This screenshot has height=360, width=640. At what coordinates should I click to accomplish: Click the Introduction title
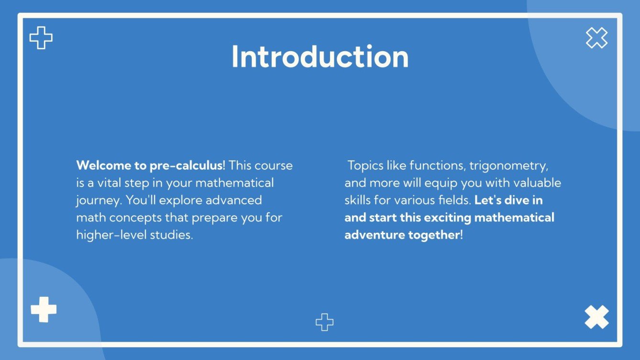pyautogui.click(x=320, y=57)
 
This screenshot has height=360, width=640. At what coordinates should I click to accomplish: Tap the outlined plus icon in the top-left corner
pyautogui.click(x=41, y=38)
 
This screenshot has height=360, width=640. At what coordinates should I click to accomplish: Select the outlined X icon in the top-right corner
pyautogui.click(x=596, y=38)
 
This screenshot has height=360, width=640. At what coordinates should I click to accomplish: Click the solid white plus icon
pyautogui.click(x=44, y=309)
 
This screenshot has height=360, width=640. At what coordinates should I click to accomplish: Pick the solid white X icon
pyautogui.click(x=596, y=317)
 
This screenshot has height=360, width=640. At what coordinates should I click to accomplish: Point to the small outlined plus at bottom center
pyautogui.click(x=324, y=322)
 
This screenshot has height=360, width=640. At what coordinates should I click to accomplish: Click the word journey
pyautogui.click(x=93, y=200)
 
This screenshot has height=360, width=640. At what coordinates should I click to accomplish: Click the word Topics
pyautogui.click(x=365, y=165)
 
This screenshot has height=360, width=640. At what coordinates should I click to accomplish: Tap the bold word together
pyautogui.click(x=434, y=235)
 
